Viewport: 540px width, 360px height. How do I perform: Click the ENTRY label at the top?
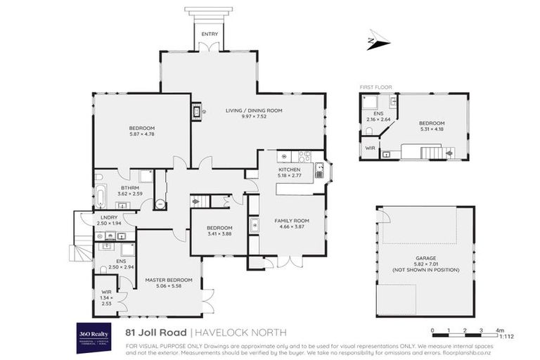[209, 34]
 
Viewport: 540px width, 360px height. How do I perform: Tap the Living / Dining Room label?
[253, 110]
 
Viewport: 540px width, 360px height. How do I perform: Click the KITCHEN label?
[289, 170]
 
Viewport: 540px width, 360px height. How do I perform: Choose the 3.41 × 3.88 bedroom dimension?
[218, 234]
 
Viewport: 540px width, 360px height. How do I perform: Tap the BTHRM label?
[129, 188]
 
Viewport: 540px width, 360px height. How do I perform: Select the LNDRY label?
[108, 217]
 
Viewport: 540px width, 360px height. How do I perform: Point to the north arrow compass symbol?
[378, 41]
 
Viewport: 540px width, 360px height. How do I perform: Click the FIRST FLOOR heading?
[375, 86]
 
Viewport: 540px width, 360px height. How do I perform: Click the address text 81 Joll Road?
[155, 331]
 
